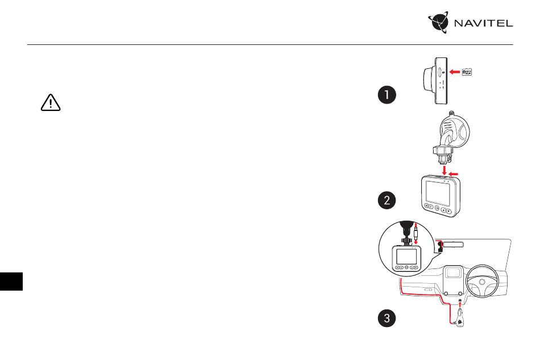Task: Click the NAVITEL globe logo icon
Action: click(x=438, y=22)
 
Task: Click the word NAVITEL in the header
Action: click(x=484, y=23)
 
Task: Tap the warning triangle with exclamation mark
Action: click(x=51, y=102)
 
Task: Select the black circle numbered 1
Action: click(x=387, y=95)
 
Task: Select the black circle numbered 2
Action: click(x=387, y=200)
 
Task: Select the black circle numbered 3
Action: click(x=387, y=318)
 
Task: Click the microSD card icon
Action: click(x=467, y=72)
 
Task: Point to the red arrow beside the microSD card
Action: click(x=455, y=72)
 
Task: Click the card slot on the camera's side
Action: click(x=440, y=72)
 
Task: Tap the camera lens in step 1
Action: click(x=428, y=81)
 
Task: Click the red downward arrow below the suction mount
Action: click(x=445, y=171)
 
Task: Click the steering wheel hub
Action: click(x=482, y=282)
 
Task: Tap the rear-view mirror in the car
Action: click(x=453, y=245)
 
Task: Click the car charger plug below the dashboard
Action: click(x=459, y=318)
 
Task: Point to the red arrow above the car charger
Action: click(x=460, y=304)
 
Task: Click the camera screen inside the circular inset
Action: click(x=406, y=256)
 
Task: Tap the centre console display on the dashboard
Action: click(x=453, y=272)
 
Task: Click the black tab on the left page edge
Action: click(x=11, y=282)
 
